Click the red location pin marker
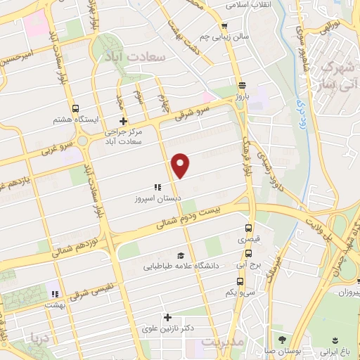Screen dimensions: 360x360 coord(181,165)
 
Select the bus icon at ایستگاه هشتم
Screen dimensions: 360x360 coord(75,108)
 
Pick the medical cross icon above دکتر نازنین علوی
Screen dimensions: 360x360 coord(167,317)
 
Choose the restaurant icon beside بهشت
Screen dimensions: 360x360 coord(54,294)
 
